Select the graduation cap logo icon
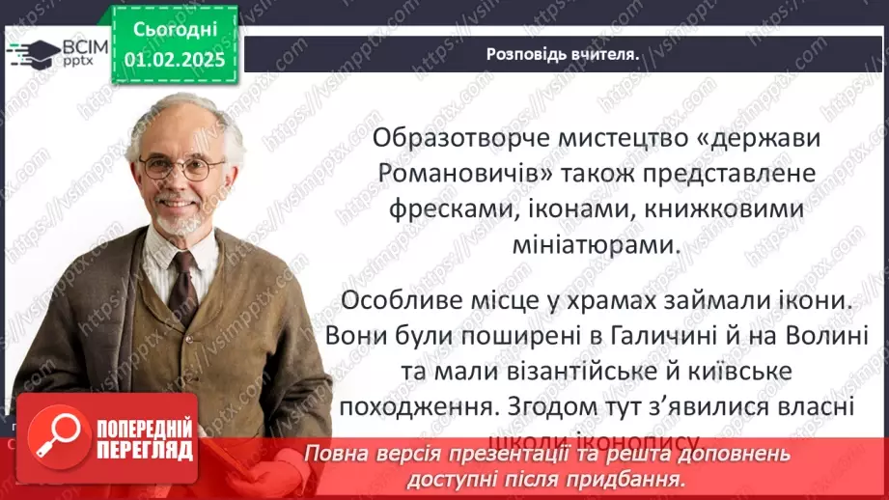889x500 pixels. [x=32, y=51]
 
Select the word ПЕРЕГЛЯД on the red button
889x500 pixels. [x=146, y=449]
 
